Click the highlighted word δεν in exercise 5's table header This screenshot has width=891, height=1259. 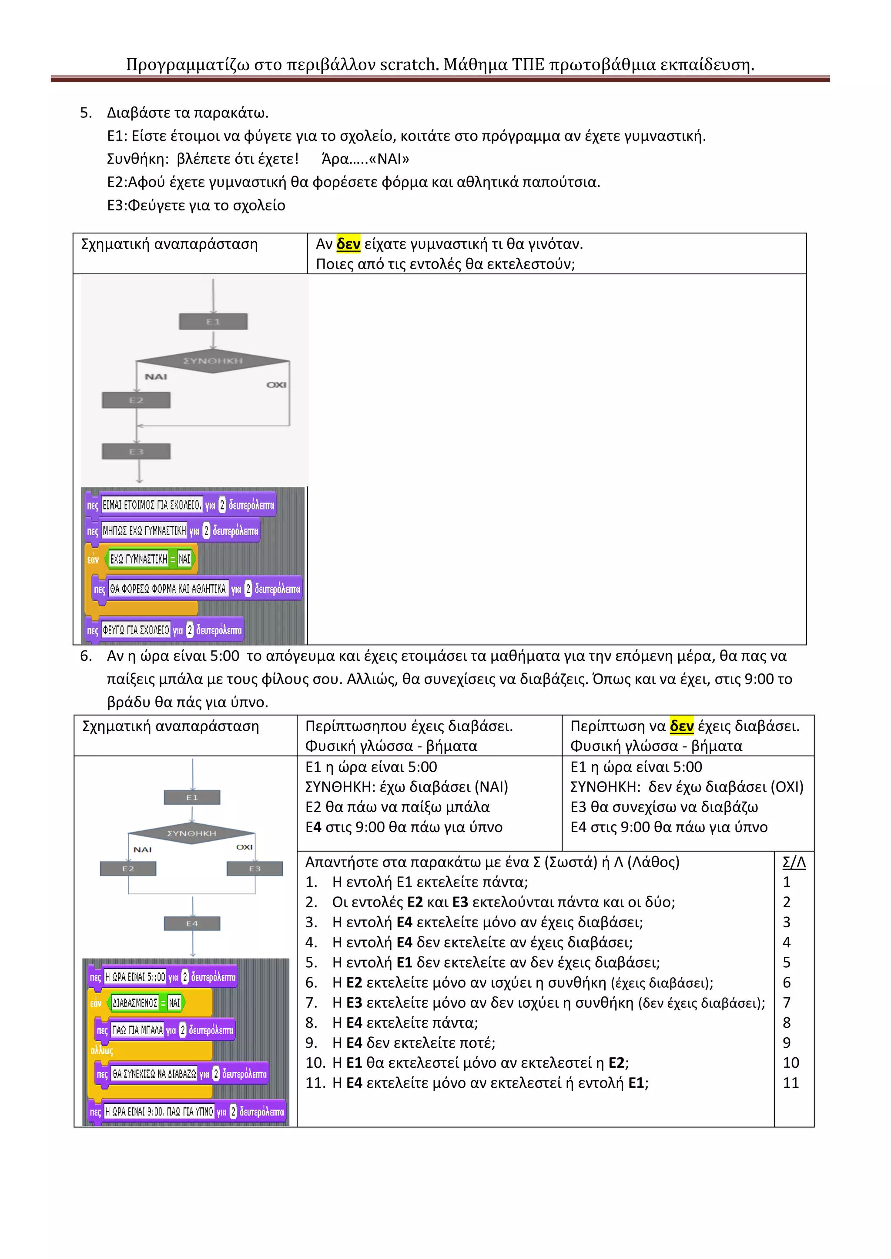348,243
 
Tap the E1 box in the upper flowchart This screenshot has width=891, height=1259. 214,321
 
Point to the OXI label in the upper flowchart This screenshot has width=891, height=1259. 277,384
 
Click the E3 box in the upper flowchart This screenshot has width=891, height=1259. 136,451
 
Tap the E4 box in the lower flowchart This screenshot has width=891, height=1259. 192,923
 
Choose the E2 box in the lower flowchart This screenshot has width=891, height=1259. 128,869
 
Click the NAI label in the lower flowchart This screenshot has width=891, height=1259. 143,849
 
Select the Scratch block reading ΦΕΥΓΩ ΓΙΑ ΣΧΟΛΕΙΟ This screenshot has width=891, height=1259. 136,630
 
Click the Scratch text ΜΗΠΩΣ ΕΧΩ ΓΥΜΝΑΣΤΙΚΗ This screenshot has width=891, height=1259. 145,530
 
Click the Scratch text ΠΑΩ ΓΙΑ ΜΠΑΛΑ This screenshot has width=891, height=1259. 137,1030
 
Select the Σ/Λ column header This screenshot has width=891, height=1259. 794,862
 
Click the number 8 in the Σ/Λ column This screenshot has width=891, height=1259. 787,1023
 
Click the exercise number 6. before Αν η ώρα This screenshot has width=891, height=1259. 86,656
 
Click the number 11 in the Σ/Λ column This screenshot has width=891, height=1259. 791,1083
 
